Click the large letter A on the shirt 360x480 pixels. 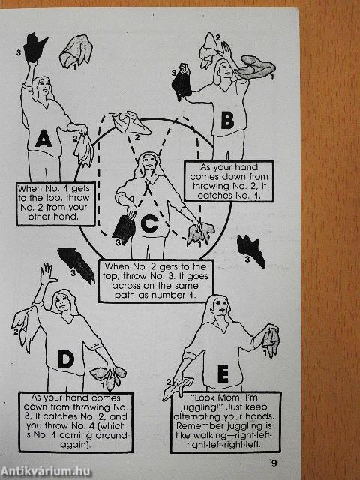coord(43,139)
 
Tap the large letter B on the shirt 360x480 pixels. coord(227,120)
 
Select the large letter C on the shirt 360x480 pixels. coord(150,223)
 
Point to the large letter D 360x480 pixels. coord(66,358)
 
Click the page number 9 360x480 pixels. coord(274,463)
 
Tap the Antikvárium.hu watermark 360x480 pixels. coord(45,472)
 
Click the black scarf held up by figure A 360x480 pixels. coord(34,48)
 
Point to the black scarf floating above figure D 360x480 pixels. coord(76,265)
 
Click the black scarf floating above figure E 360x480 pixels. coord(250,251)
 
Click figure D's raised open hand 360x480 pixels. coord(48,273)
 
